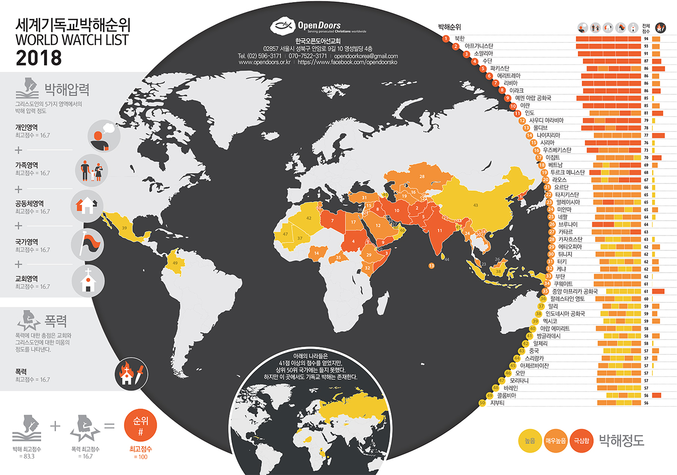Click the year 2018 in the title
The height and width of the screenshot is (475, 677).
(x=39, y=58)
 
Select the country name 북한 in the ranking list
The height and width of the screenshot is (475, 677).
(x=459, y=39)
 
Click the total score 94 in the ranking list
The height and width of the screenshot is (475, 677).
(x=646, y=39)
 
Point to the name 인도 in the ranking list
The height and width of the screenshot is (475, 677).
(x=529, y=113)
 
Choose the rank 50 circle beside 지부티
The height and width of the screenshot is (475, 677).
(x=482, y=403)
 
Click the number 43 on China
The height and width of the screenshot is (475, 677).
(x=475, y=205)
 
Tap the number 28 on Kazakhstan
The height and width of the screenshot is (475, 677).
(x=422, y=177)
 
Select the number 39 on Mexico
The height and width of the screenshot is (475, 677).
(x=124, y=228)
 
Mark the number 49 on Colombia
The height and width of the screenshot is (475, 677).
(x=175, y=263)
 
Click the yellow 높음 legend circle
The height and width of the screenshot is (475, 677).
(x=530, y=441)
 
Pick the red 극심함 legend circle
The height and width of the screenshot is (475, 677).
(x=582, y=441)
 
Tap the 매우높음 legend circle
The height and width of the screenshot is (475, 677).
(x=556, y=441)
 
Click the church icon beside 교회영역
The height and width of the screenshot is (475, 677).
(x=88, y=281)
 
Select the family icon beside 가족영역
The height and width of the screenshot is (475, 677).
(x=92, y=170)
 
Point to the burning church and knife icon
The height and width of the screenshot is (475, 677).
(x=132, y=374)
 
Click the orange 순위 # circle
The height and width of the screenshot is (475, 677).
(x=141, y=425)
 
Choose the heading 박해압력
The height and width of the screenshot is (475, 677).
(x=67, y=90)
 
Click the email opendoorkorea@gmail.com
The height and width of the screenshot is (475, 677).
(x=366, y=56)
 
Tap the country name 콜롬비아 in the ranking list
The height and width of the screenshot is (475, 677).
(x=507, y=396)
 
